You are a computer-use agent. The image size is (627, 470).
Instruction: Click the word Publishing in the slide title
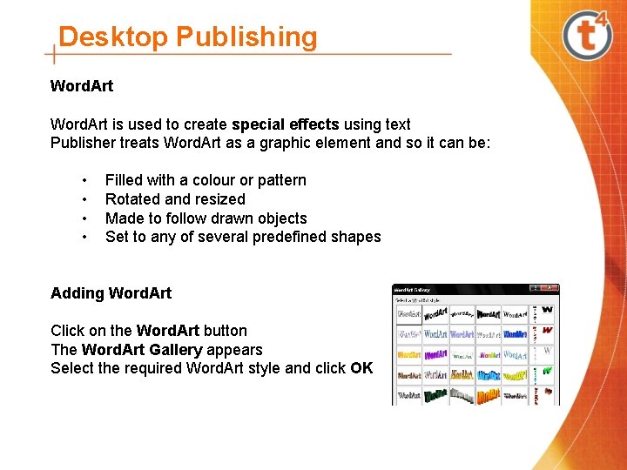pyautogui.click(x=246, y=37)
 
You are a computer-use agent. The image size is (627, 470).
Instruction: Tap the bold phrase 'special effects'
pyautogui.click(x=286, y=124)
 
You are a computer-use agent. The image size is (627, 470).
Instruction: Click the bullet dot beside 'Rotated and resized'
pyautogui.click(x=84, y=199)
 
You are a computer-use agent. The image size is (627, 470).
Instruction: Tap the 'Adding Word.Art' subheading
pyautogui.click(x=111, y=293)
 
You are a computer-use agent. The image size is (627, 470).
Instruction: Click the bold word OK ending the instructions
pyautogui.click(x=361, y=368)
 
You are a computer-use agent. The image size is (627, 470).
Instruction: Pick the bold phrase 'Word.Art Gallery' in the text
pyautogui.click(x=142, y=350)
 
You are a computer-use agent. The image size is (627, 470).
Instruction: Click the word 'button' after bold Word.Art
pyautogui.click(x=226, y=331)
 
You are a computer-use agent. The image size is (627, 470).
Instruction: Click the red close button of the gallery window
pyautogui.click(x=549, y=289)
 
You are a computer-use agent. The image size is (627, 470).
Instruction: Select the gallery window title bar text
pyautogui.click(x=414, y=289)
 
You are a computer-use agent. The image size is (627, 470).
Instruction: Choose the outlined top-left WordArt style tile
pyautogui.click(x=408, y=313)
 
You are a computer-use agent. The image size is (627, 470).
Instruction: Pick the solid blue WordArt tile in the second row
pyautogui.click(x=515, y=334)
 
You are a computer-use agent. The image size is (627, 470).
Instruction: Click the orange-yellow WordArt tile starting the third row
pyautogui.click(x=408, y=355)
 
